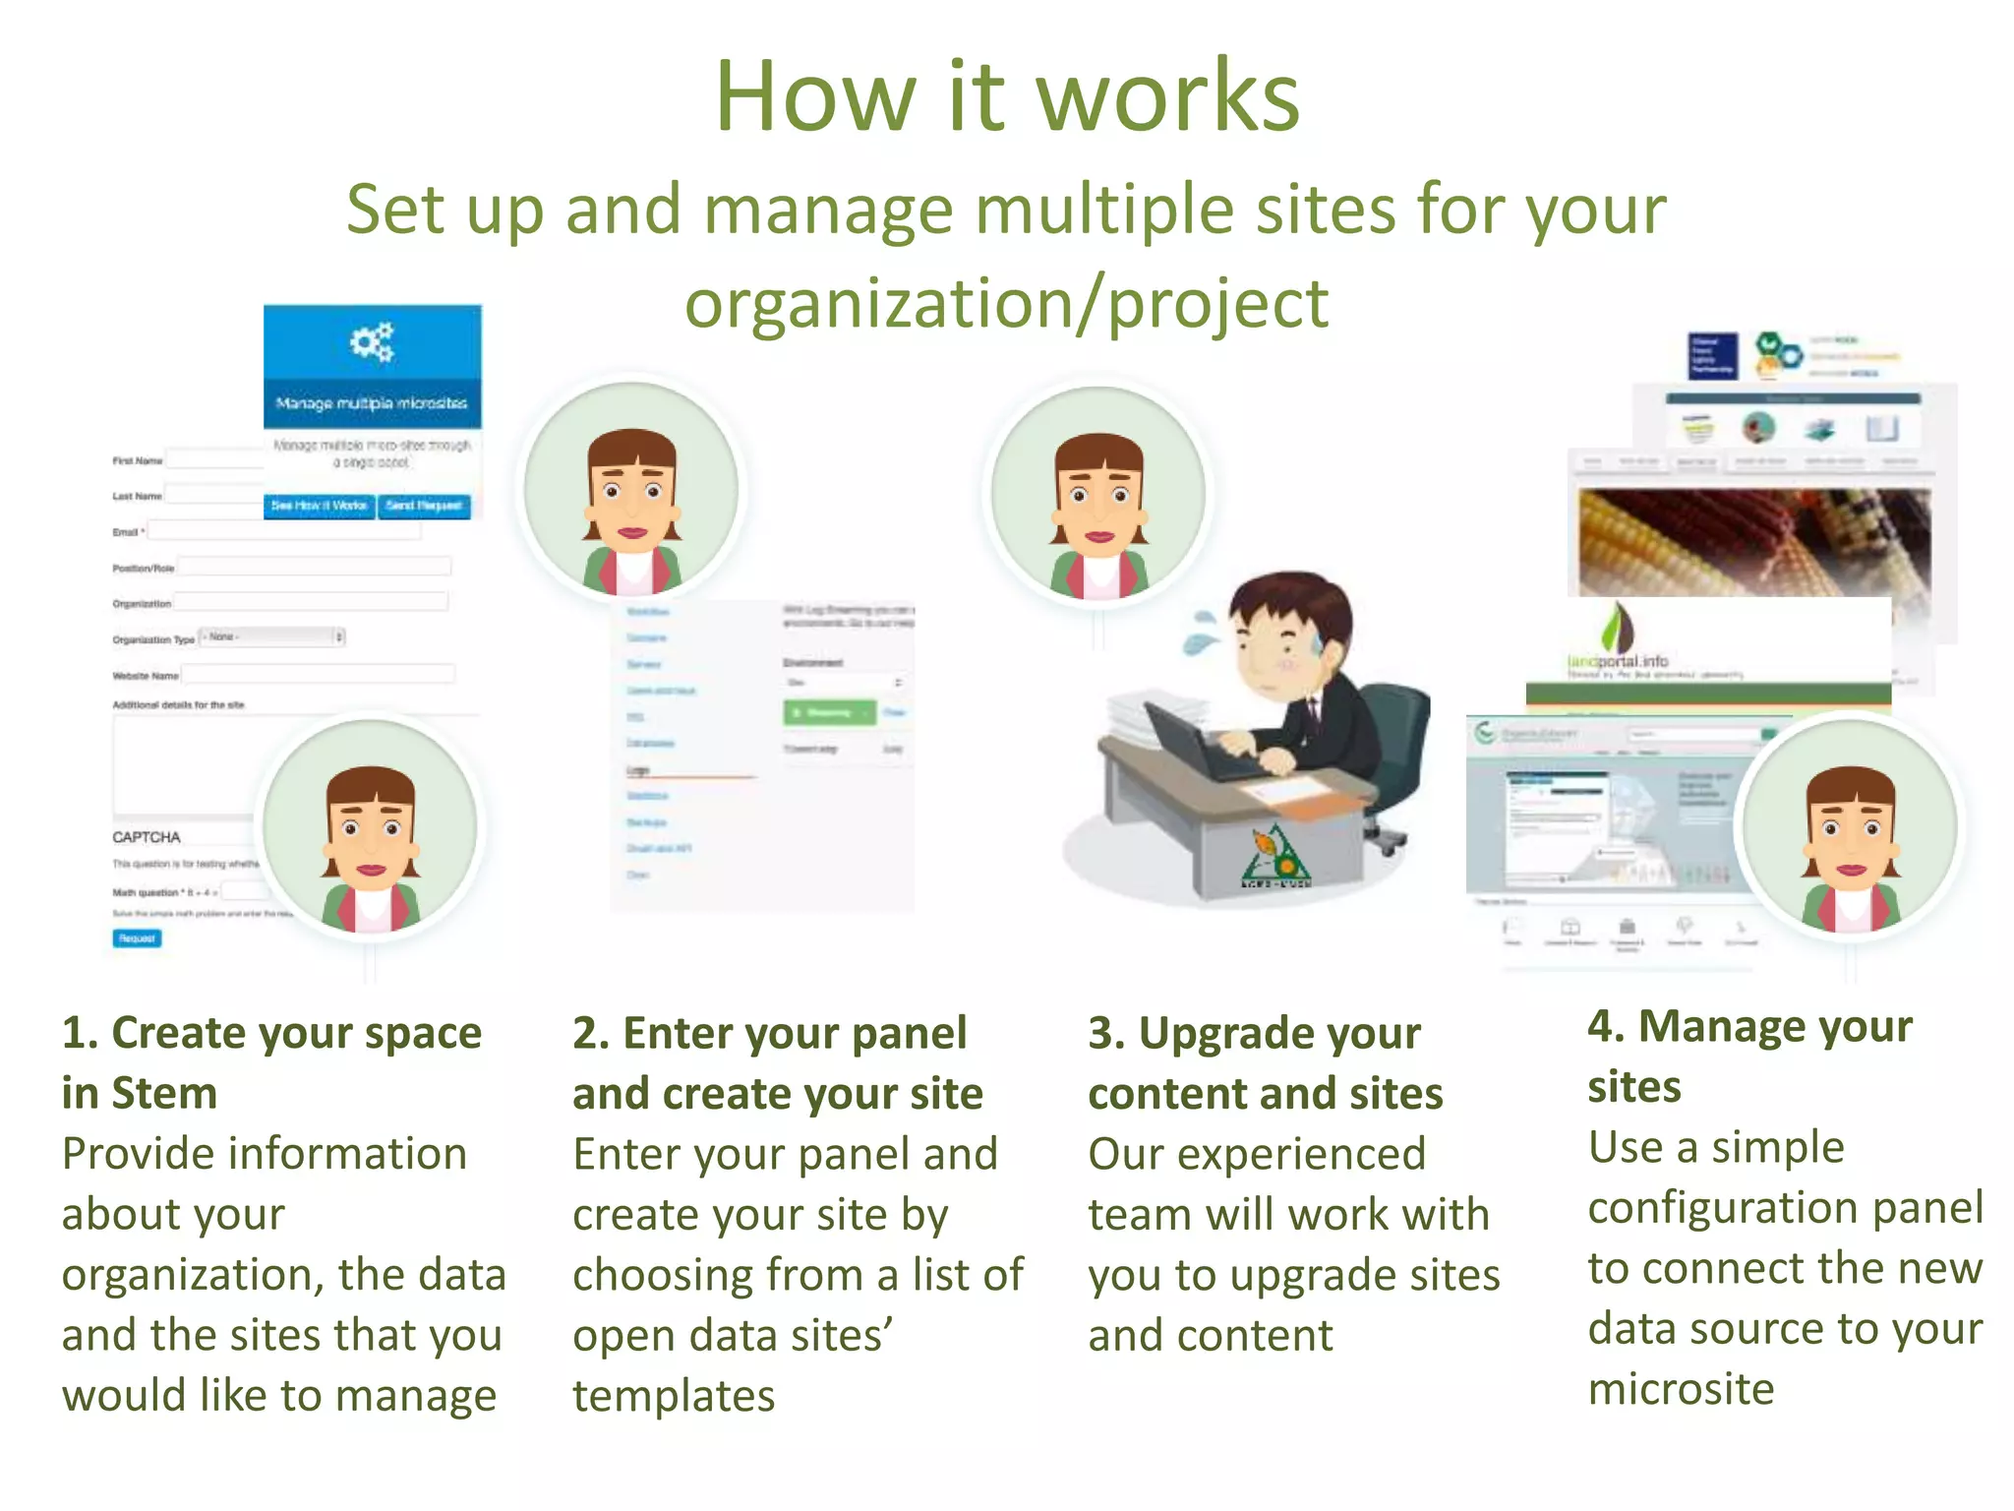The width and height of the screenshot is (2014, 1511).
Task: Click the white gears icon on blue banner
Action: (x=372, y=342)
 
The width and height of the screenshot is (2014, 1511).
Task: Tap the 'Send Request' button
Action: (x=425, y=506)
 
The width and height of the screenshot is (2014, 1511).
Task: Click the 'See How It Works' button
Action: (x=319, y=506)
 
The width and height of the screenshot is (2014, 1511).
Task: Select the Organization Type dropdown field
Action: (x=271, y=637)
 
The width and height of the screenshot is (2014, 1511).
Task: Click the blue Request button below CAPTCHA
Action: (x=137, y=938)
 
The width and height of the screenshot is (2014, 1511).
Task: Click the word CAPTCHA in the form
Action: (x=147, y=837)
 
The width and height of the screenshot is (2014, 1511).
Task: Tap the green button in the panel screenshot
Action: (x=828, y=712)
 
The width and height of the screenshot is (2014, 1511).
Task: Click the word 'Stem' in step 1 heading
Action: (x=164, y=1094)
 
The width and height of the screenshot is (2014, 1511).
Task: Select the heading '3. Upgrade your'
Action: (x=1254, y=1034)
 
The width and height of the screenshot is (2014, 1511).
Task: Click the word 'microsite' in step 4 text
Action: (x=1681, y=1389)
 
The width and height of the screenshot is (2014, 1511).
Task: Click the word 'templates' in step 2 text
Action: (x=674, y=1396)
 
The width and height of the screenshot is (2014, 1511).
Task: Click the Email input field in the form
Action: (x=283, y=531)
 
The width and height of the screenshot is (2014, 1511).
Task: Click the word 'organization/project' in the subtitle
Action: (x=1006, y=304)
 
